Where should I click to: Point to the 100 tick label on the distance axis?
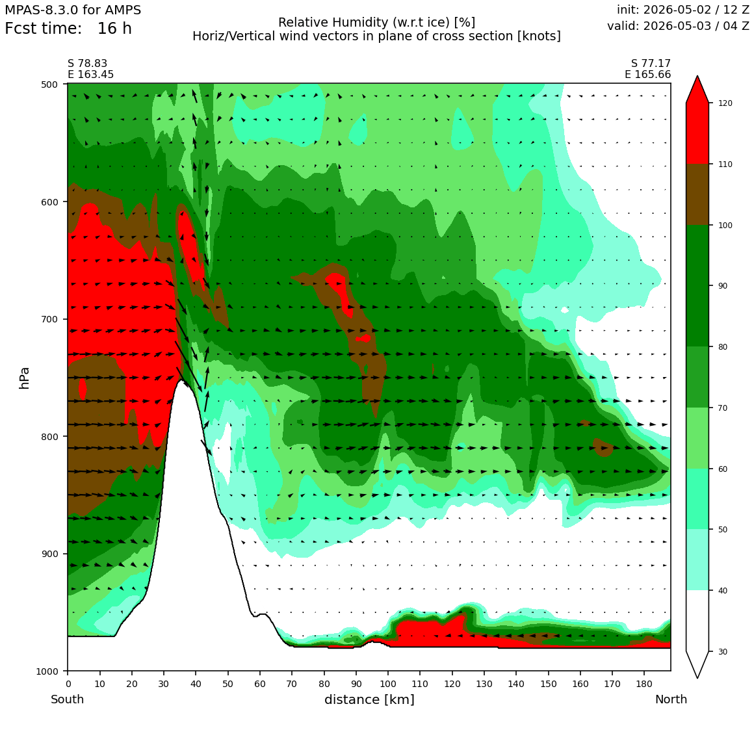click(387, 684)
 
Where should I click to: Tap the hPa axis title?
click(24, 378)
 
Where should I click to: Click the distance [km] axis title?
click(369, 699)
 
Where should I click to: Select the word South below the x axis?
click(68, 699)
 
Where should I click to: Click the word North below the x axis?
click(671, 699)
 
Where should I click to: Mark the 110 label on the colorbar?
click(725, 164)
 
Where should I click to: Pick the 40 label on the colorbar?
click(722, 590)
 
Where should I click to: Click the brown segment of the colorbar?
click(697, 195)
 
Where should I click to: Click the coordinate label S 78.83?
click(88, 64)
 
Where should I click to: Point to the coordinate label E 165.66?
click(648, 75)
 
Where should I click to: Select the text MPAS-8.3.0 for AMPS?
click(73, 10)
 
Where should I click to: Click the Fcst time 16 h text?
click(68, 29)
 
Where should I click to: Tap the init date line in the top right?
click(683, 10)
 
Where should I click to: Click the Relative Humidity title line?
click(376, 23)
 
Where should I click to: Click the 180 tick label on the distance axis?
click(644, 684)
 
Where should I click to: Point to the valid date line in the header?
click(678, 26)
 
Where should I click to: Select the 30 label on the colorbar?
click(722, 651)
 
